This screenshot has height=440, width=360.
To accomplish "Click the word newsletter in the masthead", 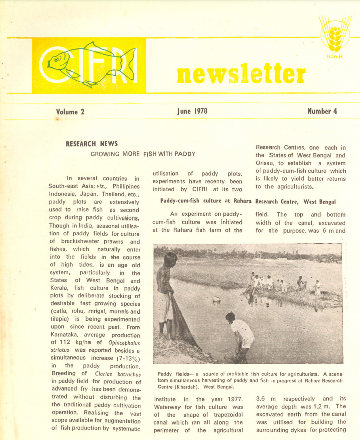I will click(241, 74).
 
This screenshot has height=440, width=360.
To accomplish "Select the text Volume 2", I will click(70, 112).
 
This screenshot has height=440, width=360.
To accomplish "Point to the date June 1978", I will click(193, 111).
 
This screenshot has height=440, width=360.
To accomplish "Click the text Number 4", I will click(322, 111).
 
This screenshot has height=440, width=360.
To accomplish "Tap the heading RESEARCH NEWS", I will click(92, 144).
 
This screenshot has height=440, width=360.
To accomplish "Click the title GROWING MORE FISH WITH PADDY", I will click(143, 154).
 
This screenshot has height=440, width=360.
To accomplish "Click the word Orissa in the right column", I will click(268, 164).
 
